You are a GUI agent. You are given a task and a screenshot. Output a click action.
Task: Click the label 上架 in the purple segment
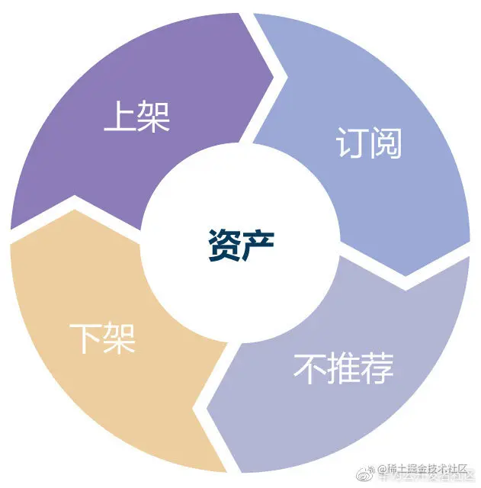136,117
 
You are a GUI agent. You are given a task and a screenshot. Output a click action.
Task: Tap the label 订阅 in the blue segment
368,142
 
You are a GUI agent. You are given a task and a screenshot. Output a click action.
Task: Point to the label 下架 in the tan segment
102,338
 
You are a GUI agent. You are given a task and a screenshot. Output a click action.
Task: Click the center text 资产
240,245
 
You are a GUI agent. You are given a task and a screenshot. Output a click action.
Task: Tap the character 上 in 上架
120,117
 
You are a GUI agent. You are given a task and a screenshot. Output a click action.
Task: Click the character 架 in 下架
120,338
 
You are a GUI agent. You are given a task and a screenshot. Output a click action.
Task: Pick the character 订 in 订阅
351,142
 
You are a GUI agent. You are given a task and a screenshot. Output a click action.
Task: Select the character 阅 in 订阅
386,142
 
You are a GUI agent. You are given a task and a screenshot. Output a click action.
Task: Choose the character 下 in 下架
85,338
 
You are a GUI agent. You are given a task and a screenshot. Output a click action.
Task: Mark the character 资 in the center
223,245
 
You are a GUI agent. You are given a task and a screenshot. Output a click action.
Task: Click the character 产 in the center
258,245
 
